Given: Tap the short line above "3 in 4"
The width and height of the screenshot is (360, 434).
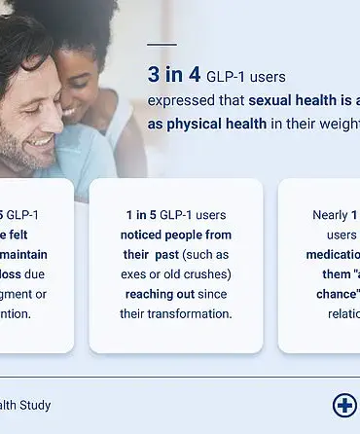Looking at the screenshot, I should (162, 44).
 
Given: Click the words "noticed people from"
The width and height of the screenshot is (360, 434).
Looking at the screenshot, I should (176, 235).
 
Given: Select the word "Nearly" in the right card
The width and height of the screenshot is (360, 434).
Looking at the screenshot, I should (330, 214).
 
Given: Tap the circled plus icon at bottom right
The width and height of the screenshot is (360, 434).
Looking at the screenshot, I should (344, 405).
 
